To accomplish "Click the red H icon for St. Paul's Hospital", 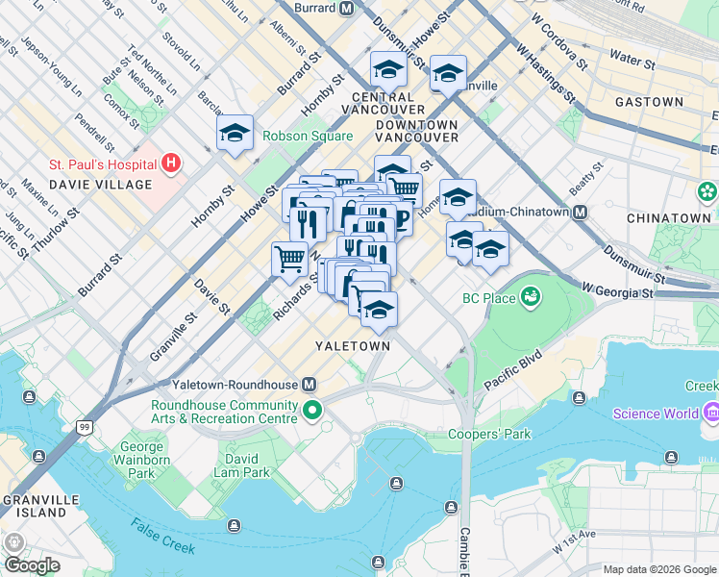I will click(x=171, y=162).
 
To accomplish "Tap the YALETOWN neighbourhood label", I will click(x=354, y=345).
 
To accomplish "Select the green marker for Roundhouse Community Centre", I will click(x=312, y=412).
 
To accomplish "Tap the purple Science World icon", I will click(x=712, y=414).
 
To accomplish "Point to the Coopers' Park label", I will click(x=489, y=435).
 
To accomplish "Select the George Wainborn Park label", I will click(x=141, y=461).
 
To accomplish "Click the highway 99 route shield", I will click(x=85, y=427).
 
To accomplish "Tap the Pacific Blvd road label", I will click(x=511, y=368).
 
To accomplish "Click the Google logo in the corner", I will click(x=33, y=565).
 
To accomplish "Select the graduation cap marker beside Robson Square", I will click(x=234, y=135).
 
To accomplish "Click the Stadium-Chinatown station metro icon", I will click(x=580, y=212).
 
